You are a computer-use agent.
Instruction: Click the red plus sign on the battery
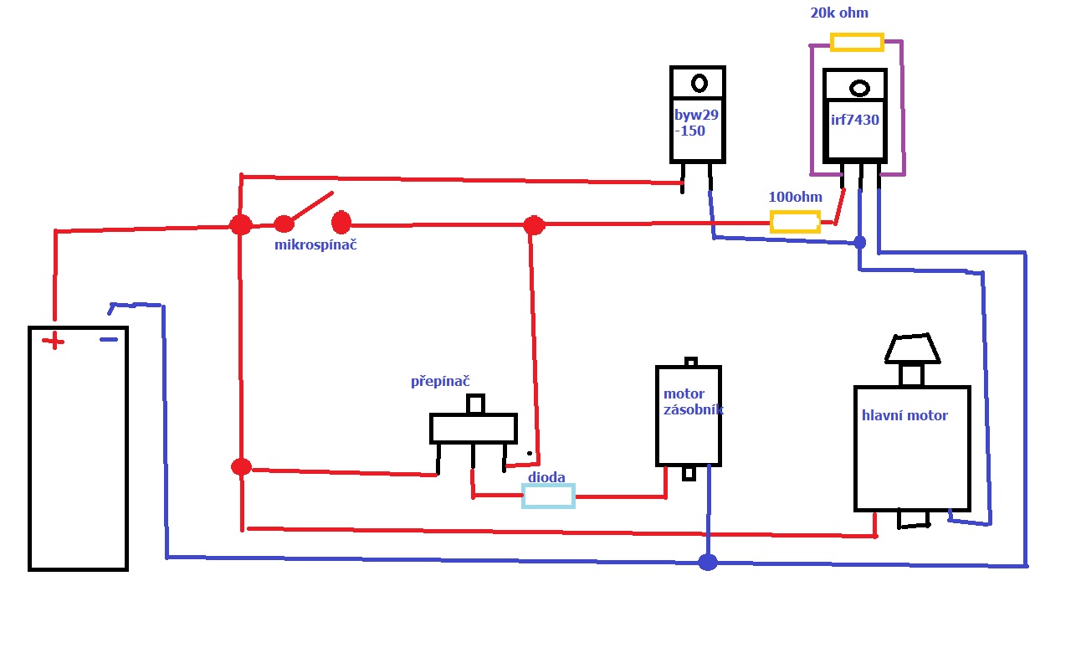(54, 341)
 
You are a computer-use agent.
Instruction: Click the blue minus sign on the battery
(109, 339)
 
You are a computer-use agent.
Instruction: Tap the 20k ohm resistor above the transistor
(857, 42)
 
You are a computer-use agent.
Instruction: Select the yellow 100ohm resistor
(794, 222)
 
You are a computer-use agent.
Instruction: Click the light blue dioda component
(548, 496)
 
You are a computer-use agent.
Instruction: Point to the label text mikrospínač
(315, 245)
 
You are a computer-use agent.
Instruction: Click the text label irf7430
(854, 120)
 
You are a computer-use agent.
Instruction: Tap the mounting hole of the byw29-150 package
(699, 83)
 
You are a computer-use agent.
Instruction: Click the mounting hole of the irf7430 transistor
(859, 89)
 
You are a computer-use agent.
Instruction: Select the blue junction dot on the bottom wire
(708, 562)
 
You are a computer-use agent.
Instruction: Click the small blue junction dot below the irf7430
(859, 243)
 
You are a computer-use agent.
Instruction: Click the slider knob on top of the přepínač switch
(475, 404)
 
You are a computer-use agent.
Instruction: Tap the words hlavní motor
(904, 415)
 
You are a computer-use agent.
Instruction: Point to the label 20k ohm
(839, 13)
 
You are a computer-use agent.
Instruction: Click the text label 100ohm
(795, 198)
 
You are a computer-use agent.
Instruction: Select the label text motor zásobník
(691, 402)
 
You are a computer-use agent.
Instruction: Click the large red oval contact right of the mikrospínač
(341, 223)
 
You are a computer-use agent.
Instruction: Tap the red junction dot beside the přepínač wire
(241, 466)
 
